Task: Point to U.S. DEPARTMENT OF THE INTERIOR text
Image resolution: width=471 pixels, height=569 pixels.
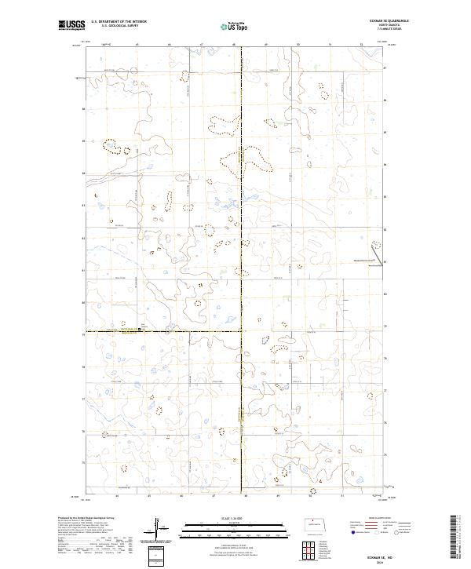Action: (119, 22)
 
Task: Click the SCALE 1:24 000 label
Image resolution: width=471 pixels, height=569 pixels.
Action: (235, 519)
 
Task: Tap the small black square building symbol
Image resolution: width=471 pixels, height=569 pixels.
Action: (140, 329)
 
